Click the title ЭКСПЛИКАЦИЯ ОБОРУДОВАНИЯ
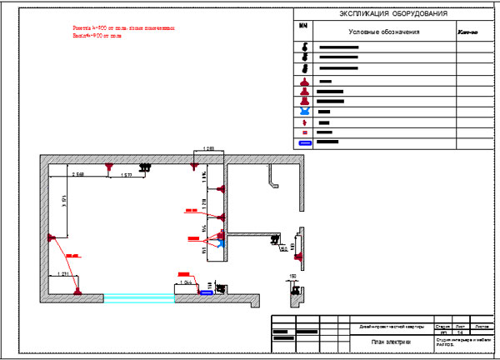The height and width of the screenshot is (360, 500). pos(394,15)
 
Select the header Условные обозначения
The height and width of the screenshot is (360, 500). pos(383,32)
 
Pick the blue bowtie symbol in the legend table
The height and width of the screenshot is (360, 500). pos(305,111)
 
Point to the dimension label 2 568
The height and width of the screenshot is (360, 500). pos(78,174)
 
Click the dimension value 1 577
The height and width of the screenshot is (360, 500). pos(125,176)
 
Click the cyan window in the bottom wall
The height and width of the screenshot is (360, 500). pos(132,295)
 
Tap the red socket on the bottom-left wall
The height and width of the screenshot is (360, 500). pos(77,291)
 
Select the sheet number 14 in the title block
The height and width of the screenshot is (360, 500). pos(461,332)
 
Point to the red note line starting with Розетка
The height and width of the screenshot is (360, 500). pos(124,27)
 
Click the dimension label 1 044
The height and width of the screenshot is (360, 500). pos(188,283)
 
